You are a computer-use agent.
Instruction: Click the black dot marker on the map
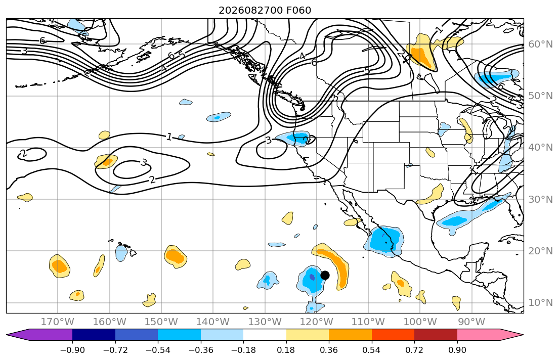click(x=325, y=275)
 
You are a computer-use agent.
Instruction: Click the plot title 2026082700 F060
click(x=265, y=10)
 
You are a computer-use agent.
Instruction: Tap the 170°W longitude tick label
click(x=57, y=322)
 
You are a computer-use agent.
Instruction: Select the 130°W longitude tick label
click(x=265, y=322)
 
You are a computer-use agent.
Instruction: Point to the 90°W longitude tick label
click(x=471, y=322)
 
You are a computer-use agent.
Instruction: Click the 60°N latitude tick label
click(x=540, y=44)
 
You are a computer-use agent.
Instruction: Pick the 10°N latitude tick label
click(x=540, y=303)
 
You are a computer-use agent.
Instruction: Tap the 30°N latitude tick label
click(x=540, y=199)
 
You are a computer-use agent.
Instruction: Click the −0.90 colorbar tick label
click(x=72, y=350)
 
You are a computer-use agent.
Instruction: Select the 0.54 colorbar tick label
click(x=371, y=350)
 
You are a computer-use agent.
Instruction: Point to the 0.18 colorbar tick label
click(x=286, y=350)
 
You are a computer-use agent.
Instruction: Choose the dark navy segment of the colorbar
click(x=94, y=335)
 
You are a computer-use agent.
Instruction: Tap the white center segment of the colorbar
click(x=265, y=335)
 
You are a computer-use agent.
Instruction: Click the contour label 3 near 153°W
click(x=143, y=163)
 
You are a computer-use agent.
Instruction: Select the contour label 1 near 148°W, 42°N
click(x=169, y=137)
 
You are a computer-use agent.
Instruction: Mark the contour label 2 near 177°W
click(x=23, y=154)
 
